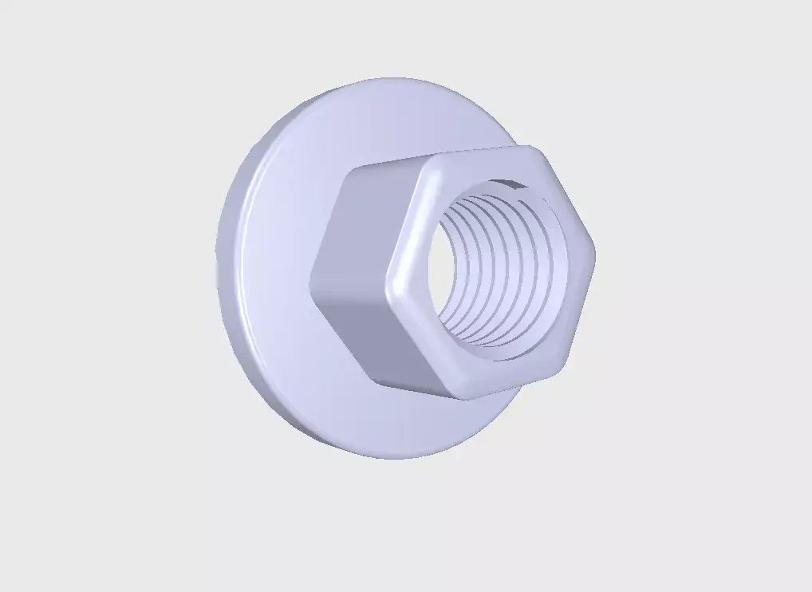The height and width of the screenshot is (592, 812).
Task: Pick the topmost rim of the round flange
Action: point(391,79)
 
